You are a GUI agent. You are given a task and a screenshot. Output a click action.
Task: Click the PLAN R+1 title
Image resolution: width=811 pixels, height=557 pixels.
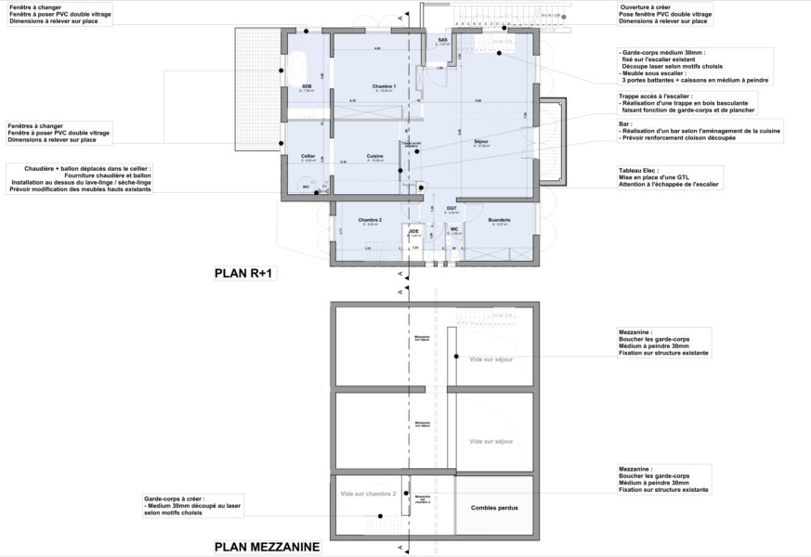(247, 274)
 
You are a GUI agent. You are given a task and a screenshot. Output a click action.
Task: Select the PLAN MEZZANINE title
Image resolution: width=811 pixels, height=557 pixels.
(267, 548)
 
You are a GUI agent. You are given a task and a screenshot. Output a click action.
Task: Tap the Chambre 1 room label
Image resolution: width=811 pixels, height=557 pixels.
(384, 86)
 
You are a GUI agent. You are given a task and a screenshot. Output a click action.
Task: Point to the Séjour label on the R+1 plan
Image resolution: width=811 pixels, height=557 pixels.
(480, 142)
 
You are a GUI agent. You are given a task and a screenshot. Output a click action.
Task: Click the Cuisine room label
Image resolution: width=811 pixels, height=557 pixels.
(374, 155)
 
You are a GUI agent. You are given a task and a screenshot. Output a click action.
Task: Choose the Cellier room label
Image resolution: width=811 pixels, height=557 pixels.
(307, 155)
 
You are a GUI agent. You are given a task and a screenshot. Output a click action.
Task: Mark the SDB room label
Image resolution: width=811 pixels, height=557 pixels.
(306, 86)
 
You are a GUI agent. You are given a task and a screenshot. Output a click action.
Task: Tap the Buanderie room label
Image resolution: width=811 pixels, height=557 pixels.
(499, 220)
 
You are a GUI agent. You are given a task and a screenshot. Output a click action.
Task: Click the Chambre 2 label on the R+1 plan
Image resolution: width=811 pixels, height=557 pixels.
(371, 220)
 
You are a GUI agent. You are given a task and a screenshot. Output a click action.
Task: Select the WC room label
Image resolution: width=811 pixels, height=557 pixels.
(455, 228)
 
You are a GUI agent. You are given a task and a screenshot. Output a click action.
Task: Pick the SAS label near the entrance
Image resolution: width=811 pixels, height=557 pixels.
(443, 40)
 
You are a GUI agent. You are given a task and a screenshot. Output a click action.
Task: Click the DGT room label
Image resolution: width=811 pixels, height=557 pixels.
(451, 208)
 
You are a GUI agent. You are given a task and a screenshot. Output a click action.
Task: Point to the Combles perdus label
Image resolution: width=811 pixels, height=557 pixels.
(494, 508)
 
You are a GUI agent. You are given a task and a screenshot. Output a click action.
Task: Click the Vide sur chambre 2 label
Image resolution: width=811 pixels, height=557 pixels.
(368, 493)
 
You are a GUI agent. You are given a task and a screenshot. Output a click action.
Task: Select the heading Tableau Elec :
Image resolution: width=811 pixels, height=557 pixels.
(641, 170)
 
